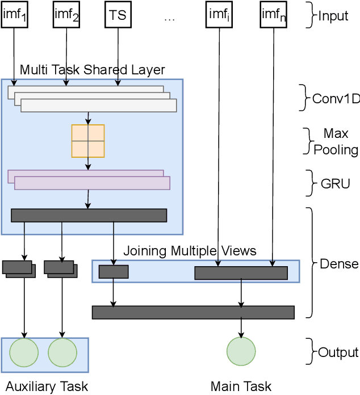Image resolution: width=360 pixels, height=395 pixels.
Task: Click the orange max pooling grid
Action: pos(88,141)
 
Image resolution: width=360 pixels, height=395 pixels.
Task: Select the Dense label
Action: pos(339,263)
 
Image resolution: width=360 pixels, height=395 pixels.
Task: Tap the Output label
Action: pos(338,352)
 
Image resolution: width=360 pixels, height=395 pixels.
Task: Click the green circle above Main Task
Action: pos(241,352)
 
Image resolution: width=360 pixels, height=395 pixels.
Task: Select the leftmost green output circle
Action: pos(24,352)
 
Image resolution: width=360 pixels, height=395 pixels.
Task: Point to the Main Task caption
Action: pos(241,386)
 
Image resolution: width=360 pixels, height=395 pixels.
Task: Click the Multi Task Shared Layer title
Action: pos(92,70)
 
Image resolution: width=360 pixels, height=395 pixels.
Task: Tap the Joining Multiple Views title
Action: pos(190,251)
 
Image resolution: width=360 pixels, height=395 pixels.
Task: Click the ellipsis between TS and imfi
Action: pos(169,17)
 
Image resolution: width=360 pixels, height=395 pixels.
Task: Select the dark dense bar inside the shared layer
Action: pos(89,215)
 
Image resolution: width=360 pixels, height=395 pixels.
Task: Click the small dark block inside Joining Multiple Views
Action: pos(114,272)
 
